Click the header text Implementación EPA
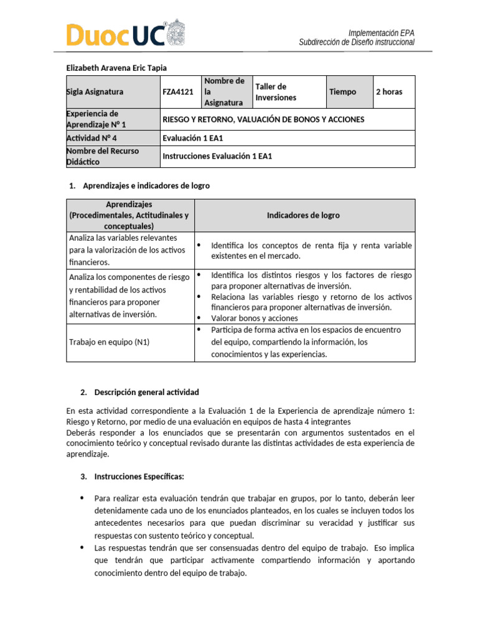381,32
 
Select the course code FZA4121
178,91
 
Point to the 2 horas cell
389,91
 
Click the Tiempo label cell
343,91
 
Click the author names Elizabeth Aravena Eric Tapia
116,67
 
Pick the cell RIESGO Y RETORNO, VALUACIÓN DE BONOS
263,119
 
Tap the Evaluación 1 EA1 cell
191,137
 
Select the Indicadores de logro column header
303,215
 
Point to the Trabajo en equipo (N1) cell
110,342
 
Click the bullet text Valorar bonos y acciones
255,318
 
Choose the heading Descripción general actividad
146,392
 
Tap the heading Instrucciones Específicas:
139,477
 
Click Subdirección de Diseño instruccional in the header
356,42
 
